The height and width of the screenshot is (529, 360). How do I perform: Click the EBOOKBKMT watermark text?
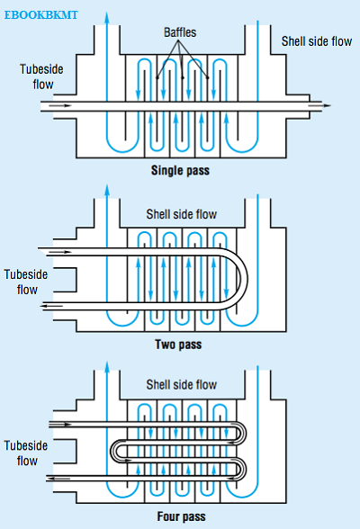[x=40, y=15]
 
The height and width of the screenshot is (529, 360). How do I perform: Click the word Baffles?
[x=180, y=32]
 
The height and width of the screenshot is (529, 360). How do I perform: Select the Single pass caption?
[x=180, y=170]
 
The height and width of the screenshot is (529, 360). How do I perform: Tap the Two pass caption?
[x=178, y=345]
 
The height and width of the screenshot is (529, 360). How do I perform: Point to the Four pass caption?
[x=181, y=516]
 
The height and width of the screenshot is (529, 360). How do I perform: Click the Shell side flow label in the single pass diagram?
[x=317, y=41]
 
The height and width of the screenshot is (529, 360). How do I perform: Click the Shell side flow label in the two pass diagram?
[x=182, y=214]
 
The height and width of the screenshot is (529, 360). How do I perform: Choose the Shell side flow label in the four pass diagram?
[x=182, y=385]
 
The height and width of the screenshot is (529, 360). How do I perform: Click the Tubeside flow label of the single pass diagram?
[x=41, y=76]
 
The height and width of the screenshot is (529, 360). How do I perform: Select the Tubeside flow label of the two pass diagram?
[x=26, y=282]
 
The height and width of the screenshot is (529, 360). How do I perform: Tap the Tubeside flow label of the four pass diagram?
[x=26, y=453]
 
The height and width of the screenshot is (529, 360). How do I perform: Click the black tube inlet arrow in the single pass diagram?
[x=60, y=105]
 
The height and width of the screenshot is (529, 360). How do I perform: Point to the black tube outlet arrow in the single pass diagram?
[x=319, y=105]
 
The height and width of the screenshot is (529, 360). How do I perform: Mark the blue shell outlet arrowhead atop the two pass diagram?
[x=107, y=191]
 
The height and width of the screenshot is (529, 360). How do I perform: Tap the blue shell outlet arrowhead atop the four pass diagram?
[x=107, y=367]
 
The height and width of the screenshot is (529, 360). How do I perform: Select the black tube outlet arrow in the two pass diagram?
[x=51, y=306]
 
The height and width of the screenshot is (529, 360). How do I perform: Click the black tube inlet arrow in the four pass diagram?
[x=60, y=424]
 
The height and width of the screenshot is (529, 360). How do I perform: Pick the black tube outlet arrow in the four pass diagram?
[x=58, y=478]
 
